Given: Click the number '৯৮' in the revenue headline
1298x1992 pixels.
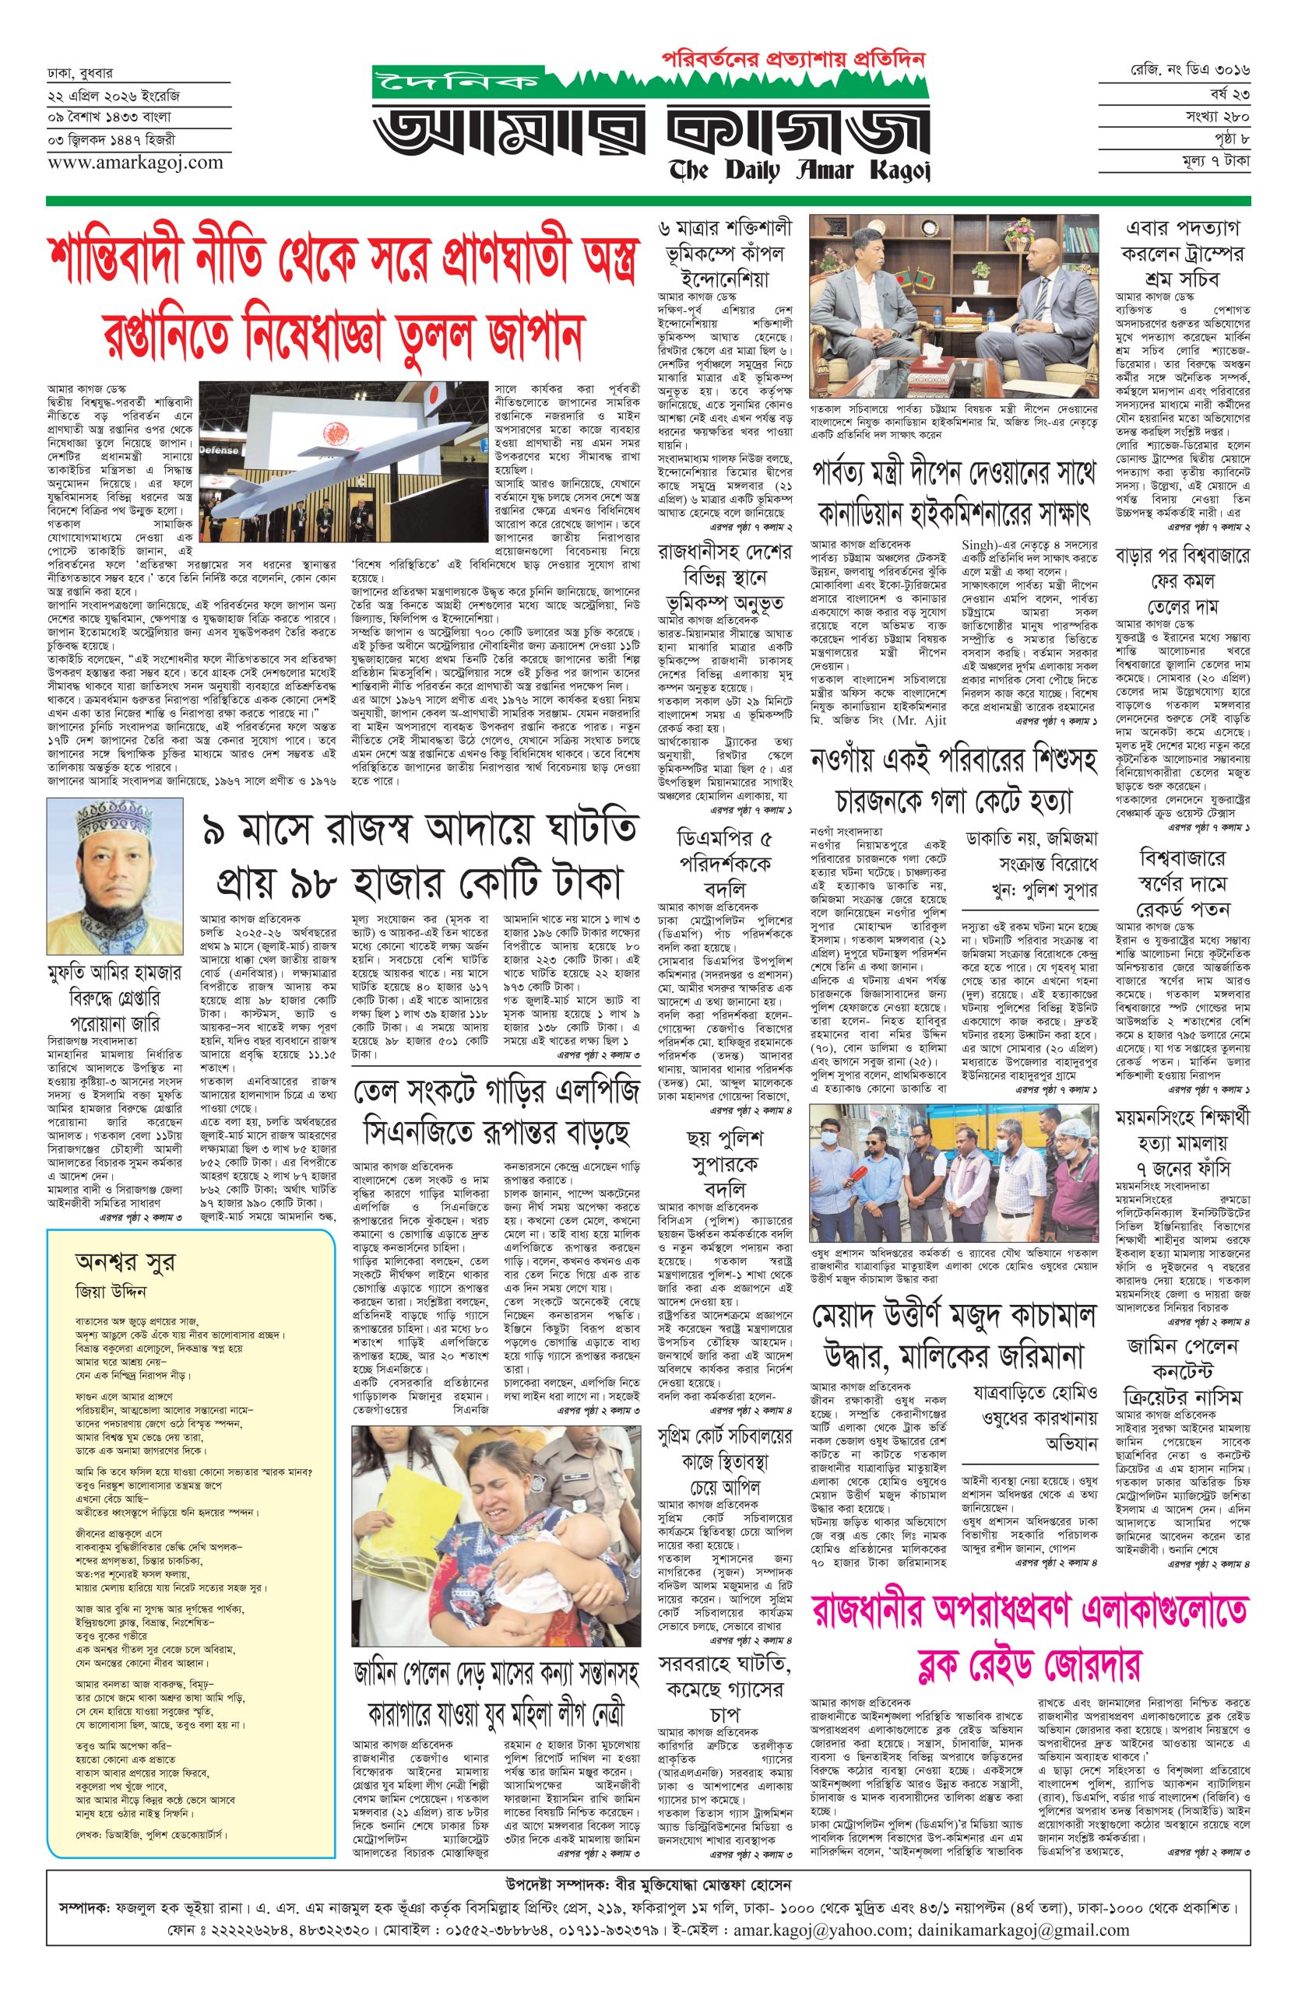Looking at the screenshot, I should pyautogui.click(x=334, y=881).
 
